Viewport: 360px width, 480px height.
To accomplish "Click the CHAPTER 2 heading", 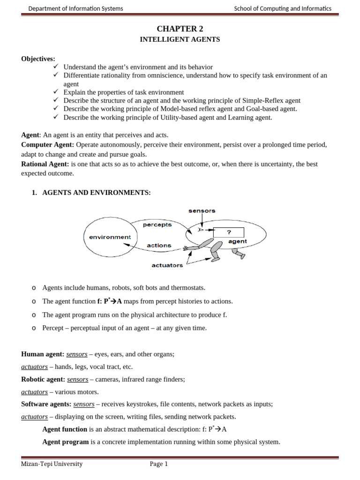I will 180,29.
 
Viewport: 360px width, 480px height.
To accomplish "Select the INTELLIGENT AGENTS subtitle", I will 180,40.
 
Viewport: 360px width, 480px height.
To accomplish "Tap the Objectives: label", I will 38,59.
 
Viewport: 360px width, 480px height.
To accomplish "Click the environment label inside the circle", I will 110,237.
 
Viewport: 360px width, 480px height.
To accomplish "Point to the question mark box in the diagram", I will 229,232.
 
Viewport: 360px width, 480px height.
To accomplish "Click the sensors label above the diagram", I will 202,211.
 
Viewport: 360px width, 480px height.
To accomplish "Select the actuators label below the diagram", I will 167,265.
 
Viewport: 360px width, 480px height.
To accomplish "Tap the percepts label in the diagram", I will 157,225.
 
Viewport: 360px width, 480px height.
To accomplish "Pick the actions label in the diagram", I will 159,245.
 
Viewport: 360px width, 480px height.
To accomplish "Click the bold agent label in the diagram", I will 237,242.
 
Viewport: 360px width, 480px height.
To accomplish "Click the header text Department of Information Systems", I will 76,8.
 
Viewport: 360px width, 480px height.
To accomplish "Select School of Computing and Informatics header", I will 283,8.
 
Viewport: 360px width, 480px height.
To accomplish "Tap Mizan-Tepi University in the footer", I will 52,464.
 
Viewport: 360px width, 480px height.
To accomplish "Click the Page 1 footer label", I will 158,464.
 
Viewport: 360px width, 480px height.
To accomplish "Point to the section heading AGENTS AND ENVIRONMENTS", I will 97,193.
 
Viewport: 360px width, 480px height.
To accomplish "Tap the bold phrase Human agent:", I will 43,354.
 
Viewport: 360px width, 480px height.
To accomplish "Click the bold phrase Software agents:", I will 46,404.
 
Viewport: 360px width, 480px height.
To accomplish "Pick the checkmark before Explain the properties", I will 56,92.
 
